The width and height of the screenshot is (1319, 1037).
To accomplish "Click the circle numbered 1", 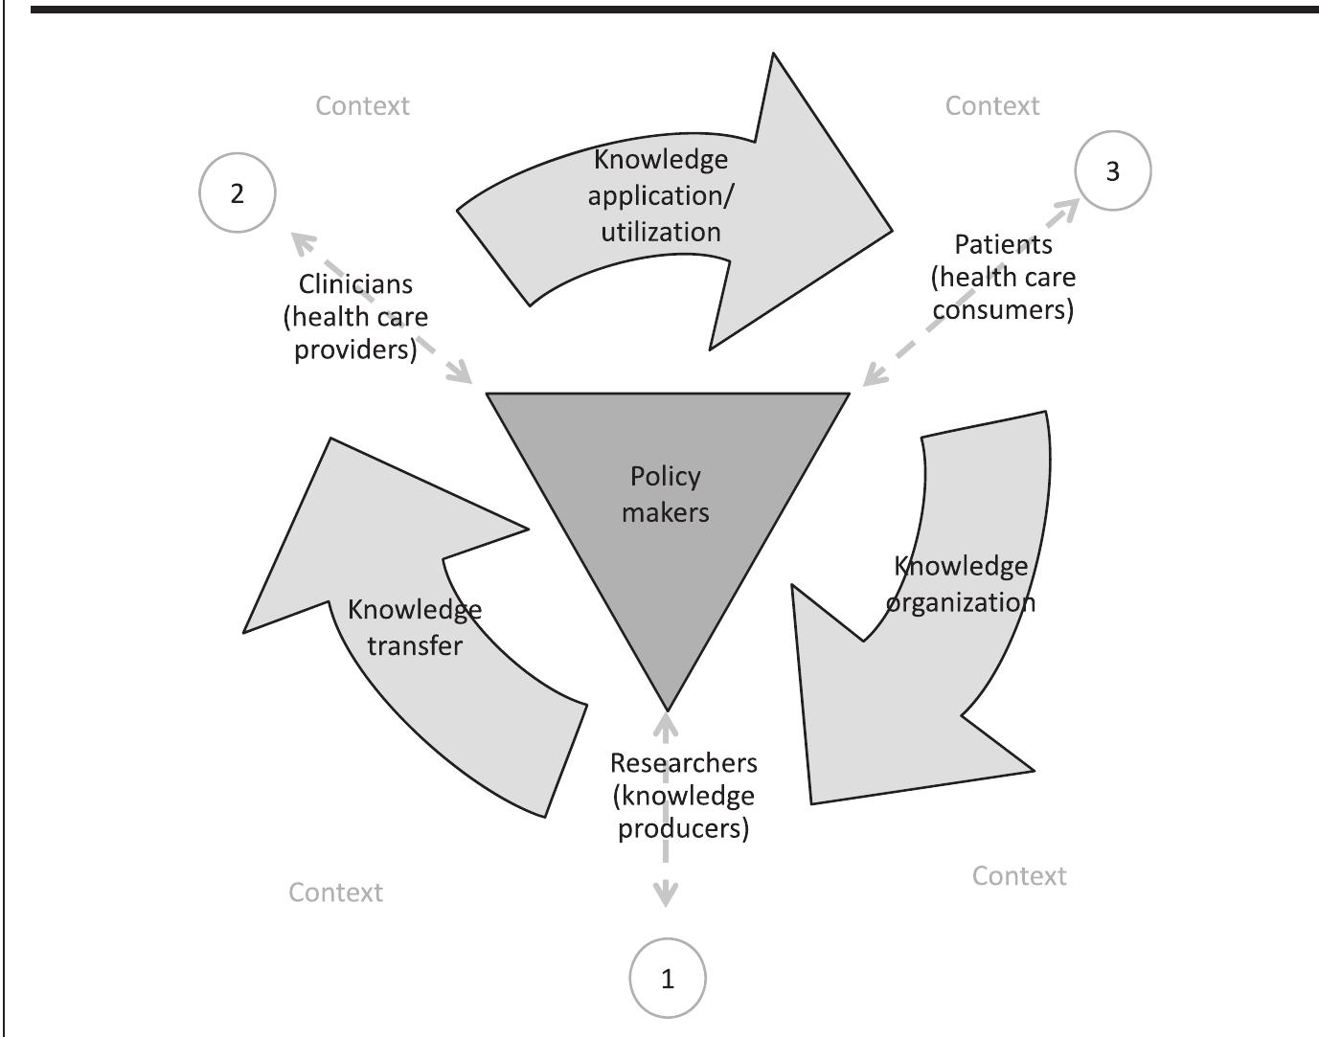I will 667,978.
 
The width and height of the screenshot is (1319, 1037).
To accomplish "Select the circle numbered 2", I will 237,192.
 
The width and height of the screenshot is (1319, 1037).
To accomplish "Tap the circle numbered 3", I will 1112,170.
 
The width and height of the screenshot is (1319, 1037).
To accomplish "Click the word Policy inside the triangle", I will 665,476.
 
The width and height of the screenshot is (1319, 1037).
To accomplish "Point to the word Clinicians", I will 355,283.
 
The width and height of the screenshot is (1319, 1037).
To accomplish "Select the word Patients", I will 1003,244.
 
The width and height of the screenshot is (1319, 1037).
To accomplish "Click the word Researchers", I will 683,762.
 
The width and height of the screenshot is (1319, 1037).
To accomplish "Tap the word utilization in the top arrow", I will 660,232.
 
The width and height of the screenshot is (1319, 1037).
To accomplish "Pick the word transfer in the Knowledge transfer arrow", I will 414,645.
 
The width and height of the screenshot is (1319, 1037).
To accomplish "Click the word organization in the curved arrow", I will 960,602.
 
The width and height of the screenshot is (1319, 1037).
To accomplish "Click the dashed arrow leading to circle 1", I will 665,871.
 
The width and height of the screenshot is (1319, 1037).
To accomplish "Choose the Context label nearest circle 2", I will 362,105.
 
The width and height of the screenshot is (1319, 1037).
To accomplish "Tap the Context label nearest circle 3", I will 991,105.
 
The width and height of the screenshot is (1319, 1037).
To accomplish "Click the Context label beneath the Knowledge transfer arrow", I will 335,891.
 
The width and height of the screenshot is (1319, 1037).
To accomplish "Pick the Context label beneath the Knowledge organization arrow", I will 1018,875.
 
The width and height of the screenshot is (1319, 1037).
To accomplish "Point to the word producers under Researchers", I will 683,827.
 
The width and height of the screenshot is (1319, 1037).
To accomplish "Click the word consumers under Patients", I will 1003,309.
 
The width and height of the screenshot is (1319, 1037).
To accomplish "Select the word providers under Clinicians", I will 355,349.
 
